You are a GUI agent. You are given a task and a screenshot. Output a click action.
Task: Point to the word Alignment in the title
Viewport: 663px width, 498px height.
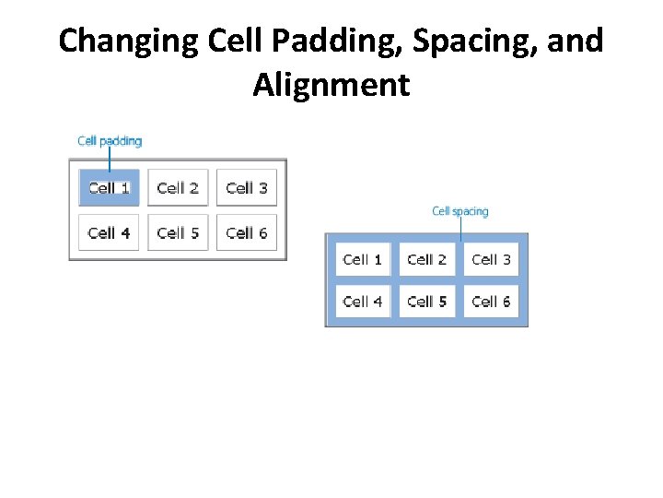tap(331, 85)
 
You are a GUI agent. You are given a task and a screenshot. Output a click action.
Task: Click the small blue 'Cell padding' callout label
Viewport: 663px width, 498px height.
tap(110, 141)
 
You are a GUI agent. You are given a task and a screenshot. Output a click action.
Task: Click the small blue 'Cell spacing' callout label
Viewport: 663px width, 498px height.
tap(460, 211)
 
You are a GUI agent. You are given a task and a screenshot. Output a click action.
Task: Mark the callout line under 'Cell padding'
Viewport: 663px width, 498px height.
tap(110, 160)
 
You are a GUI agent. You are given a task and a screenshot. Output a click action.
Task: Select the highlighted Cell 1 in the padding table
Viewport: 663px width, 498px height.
tap(109, 188)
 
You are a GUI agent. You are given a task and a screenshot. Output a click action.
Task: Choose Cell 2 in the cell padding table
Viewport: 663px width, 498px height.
tap(178, 188)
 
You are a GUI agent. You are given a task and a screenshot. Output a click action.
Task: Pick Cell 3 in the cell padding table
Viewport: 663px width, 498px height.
tap(246, 188)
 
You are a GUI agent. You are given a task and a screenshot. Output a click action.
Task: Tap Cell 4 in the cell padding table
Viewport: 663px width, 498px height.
tap(109, 232)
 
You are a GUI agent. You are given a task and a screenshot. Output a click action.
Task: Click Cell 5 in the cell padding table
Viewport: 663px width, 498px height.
tap(178, 232)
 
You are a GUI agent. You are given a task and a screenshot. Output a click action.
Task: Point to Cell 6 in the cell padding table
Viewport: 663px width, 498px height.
tap(246, 232)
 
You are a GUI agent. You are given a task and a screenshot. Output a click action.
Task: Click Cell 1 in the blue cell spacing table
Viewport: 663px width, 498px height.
tap(363, 260)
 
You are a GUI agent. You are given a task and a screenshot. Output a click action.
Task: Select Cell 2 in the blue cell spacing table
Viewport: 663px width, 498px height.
tap(426, 260)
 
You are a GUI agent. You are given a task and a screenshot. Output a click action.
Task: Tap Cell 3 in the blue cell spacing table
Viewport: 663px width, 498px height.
tap(491, 260)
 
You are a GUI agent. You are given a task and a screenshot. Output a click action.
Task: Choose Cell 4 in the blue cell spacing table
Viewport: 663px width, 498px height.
tap(363, 302)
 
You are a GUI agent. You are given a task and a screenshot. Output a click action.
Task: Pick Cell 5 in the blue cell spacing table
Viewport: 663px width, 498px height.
tap(426, 302)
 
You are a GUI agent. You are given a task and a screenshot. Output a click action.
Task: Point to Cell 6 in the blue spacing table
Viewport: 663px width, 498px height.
tap(491, 302)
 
